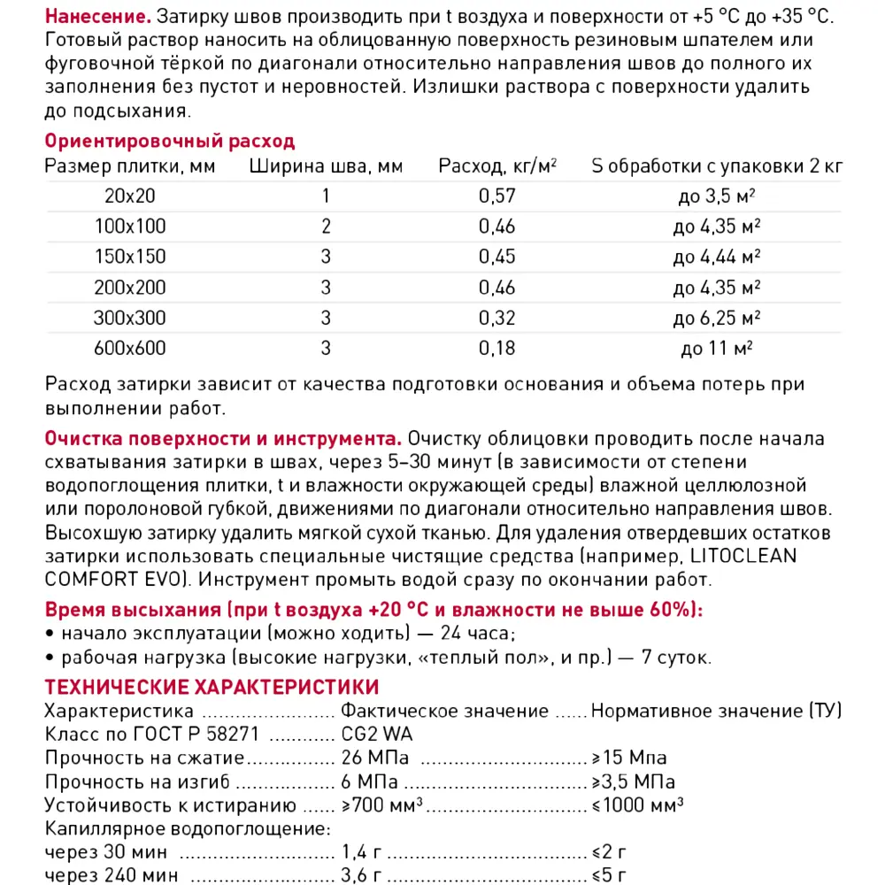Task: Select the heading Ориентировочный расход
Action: pos(169,142)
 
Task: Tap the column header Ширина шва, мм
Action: pos(326,166)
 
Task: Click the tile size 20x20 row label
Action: pos(130,196)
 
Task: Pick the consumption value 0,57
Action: pos(496,196)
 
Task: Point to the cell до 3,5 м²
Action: pos(717,196)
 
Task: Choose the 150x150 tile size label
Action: pos(130,257)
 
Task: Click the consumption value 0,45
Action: pos(496,257)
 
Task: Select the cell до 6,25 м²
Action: pos(717,318)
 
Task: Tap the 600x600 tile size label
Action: pos(130,348)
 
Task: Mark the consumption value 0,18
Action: pos(496,348)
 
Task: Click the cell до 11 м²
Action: pos(717,348)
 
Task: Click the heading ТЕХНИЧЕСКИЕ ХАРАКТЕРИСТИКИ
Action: pos(212,688)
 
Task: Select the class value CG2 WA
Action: pos(377,735)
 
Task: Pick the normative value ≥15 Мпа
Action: pos(629,758)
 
